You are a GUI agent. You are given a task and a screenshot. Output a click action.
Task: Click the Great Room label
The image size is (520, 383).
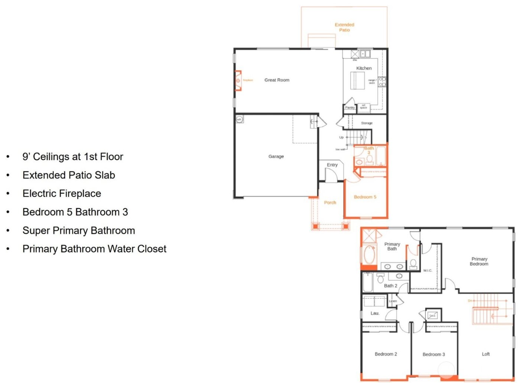[x=277, y=80]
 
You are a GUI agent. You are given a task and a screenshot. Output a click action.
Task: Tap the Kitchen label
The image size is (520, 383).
[x=364, y=68]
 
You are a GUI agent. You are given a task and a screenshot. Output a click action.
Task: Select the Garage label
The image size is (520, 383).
[x=276, y=157]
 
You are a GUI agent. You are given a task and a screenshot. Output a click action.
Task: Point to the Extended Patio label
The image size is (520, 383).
[x=344, y=27]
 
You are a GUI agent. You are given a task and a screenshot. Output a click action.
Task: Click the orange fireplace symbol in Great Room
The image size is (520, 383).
[x=238, y=80]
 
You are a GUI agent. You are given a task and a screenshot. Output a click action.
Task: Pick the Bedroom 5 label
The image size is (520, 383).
[x=365, y=197]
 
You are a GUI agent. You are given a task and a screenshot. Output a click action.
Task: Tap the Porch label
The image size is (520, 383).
[x=330, y=203]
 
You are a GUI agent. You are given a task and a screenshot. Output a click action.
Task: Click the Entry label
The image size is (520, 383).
[x=332, y=165]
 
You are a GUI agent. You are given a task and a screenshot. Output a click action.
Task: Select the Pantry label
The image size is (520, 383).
[x=350, y=108]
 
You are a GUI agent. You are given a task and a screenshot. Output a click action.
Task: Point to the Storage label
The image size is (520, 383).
[x=367, y=123]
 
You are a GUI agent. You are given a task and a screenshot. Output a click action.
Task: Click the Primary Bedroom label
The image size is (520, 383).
[x=479, y=261]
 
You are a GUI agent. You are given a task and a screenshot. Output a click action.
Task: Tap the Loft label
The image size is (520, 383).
[x=485, y=354]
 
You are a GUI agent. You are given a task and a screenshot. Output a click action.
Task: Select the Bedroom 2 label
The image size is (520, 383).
[x=386, y=354]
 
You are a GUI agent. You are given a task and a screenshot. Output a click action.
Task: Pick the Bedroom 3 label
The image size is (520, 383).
[x=433, y=354]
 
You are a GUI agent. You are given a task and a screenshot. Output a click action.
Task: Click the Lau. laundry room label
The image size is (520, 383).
[x=375, y=313]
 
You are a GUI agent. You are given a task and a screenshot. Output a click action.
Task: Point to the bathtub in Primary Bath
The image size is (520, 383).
[x=369, y=255]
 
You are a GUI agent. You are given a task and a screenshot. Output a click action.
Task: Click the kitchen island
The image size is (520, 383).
[x=357, y=80]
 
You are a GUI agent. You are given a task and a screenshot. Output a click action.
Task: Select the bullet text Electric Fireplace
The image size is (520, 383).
[x=62, y=194]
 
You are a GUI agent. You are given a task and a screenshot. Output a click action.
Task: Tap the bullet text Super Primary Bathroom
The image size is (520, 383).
[x=78, y=231]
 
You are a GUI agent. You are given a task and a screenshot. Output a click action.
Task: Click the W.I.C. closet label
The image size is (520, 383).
[x=428, y=270]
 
